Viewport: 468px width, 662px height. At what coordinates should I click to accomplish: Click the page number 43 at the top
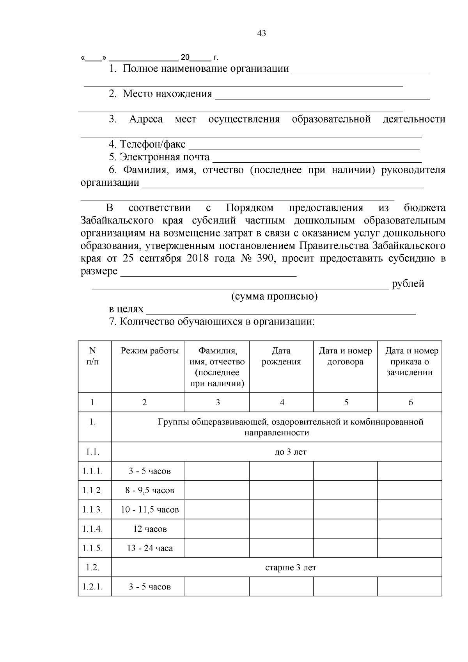click(x=262, y=34)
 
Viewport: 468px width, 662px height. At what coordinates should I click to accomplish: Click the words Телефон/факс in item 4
click(x=152, y=144)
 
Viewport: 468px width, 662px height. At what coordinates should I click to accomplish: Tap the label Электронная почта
click(x=165, y=157)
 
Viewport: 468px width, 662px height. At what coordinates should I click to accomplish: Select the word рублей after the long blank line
click(x=408, y=284)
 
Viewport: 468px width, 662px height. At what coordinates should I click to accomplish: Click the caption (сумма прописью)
click(x=275, y=296)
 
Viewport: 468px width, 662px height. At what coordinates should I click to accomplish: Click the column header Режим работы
click(x=150, y=351)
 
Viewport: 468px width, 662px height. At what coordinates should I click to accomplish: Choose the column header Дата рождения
click(x=281, y=356)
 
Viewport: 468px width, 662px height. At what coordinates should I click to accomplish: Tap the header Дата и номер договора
click(x=346, y=356)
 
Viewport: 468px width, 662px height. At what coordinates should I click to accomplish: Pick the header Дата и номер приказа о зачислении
click(x=409, y=362)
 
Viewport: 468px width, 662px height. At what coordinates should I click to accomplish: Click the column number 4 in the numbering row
click(x=282, y=403)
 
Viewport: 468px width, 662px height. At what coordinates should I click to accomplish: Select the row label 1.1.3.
click(x=92, y=510)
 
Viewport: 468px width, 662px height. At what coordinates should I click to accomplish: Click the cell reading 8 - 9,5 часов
click(x=150, y=490)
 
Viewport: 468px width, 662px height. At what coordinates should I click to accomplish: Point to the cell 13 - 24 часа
click(x=150, y=548)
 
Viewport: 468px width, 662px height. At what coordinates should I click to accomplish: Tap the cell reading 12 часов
click(x=150, y=529)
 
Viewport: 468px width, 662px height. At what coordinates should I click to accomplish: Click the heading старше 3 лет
click(x=291, y=568)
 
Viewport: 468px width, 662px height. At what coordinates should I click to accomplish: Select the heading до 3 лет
click(x=291, y=452)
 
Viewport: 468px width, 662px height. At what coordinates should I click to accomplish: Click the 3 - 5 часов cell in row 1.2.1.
click(x=150, y=587)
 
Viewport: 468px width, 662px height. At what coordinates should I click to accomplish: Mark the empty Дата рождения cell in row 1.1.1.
click(x=281, y=471)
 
